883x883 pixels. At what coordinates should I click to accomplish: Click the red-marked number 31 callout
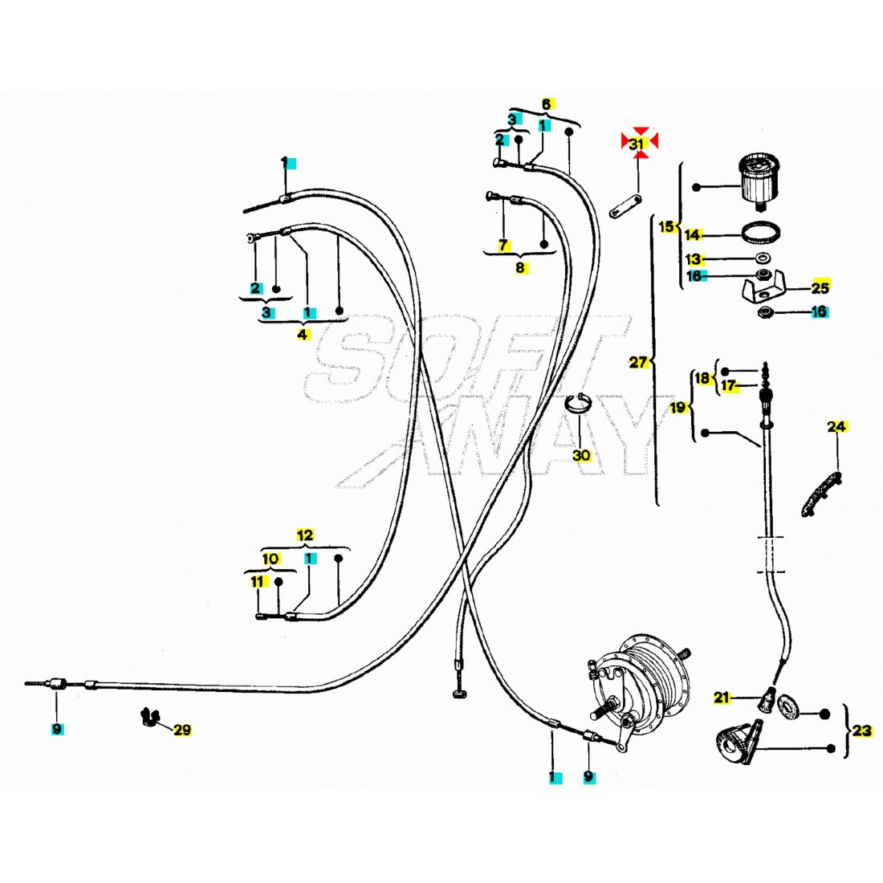coord(639,142)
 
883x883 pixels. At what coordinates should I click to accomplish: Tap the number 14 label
coord(692,234)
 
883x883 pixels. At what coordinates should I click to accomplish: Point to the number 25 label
coord(820,287)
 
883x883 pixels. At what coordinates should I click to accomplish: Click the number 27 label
coord(638,362)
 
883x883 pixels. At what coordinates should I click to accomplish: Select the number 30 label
coord(581,455)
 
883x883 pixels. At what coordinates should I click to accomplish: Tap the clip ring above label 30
coord(580,403)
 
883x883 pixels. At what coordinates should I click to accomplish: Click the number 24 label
coord(837,427)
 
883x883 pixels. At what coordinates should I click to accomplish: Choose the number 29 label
coord(182,730)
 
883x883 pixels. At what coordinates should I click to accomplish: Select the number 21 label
coord(722,698)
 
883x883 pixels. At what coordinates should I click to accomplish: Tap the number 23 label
coord(861,730)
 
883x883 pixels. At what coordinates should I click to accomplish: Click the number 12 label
coord(305,535)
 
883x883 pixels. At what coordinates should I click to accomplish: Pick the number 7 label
coord(503,245)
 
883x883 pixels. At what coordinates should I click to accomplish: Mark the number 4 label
coord(303,334)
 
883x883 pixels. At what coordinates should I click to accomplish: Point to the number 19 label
coord(678,408)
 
